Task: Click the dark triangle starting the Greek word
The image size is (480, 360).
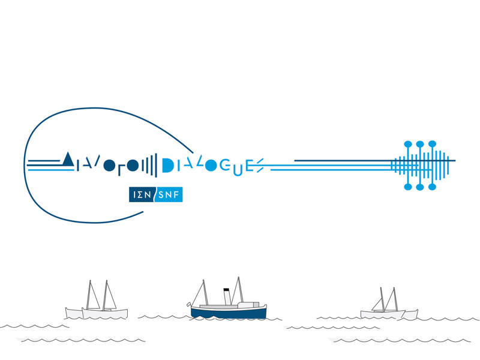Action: pos(68,160)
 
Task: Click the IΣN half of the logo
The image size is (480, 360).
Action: pos(142,194)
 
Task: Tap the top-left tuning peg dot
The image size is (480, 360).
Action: pos(408,144)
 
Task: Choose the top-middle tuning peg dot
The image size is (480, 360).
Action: pos(420,144)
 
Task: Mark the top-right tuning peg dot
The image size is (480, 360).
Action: pos(432,144)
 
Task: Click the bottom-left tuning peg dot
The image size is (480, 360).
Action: pos(408,187)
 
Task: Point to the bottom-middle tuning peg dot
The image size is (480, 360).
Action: pos(420,187)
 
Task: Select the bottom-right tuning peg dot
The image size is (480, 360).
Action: pos(432,187)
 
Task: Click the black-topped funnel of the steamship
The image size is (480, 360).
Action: pos(226,295)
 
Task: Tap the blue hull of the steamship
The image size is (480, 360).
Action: pos(228,313)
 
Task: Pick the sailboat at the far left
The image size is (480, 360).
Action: pos(97,303)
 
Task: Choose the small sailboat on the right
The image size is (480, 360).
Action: pos(387,306)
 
